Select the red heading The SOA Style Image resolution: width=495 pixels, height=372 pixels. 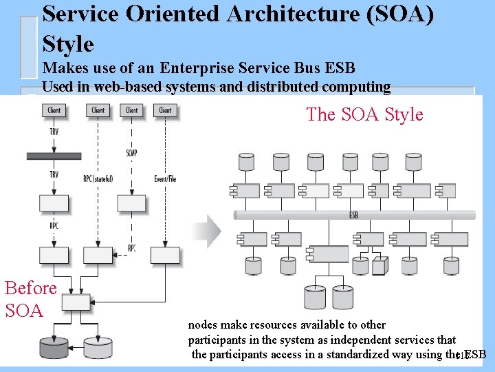click(364, 114)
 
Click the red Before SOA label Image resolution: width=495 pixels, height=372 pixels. click(30, 298)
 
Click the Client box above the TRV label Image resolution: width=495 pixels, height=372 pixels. click(54, 110)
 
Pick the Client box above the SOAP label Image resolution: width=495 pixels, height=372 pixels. click(132, 110)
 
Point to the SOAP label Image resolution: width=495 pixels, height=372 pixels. click(132, 152)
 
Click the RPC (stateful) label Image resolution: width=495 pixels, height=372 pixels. click(98, 179)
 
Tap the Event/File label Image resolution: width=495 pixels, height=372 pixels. click(165, 179)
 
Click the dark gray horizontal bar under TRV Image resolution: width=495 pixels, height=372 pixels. click(54, 156)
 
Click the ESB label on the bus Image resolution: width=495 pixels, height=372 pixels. click(353, 215)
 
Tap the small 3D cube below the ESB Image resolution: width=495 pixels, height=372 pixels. click(379, 265)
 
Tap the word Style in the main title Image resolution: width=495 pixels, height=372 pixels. click(68, 45)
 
